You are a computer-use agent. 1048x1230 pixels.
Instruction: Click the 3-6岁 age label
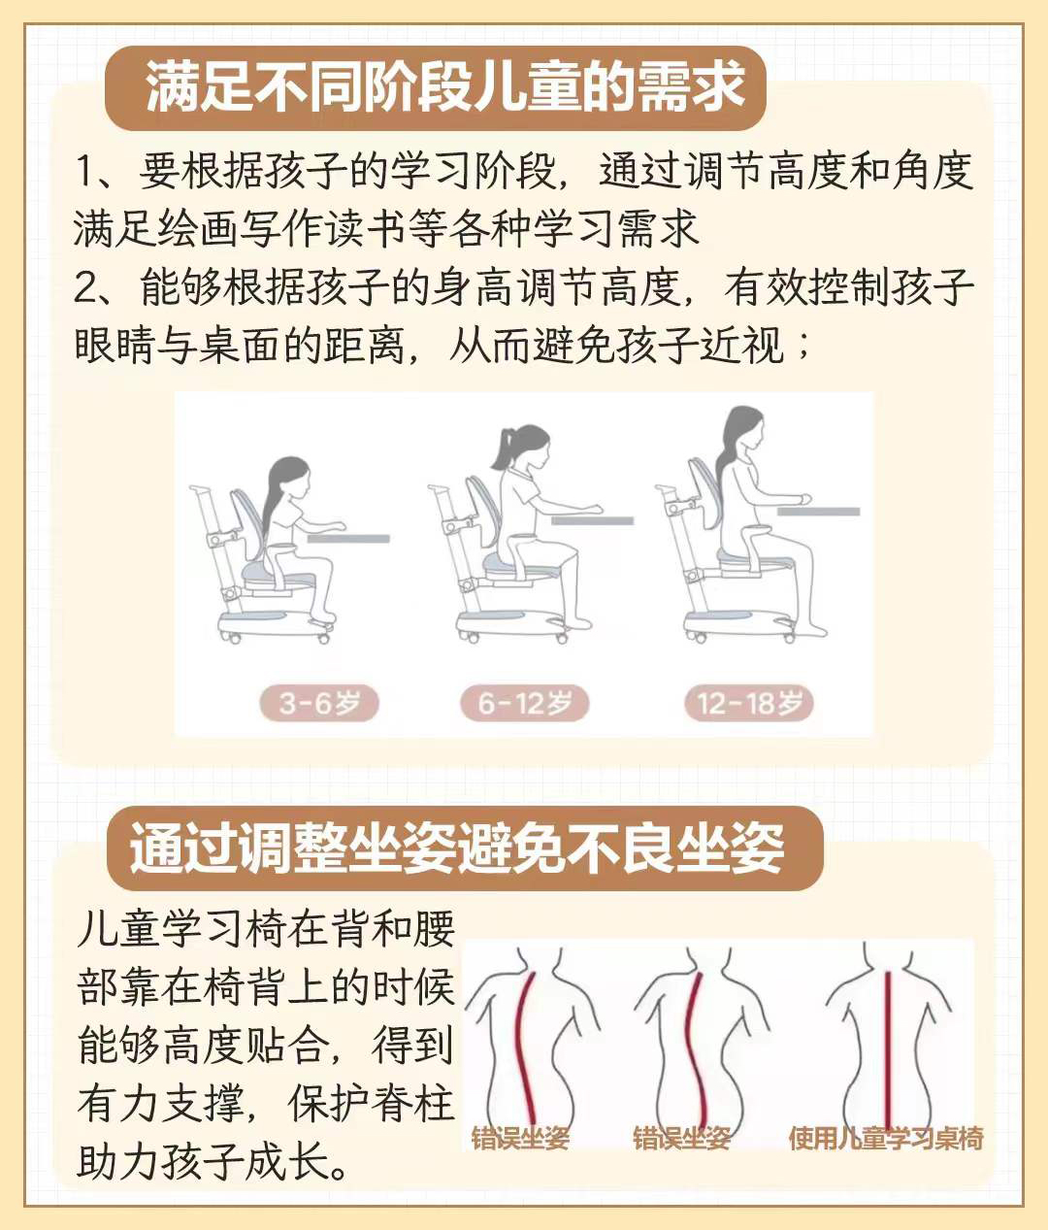(x=318, y=703)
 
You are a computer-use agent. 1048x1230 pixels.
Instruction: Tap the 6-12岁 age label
(x=524, y=703)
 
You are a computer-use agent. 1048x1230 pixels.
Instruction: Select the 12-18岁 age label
(x=748, y=703)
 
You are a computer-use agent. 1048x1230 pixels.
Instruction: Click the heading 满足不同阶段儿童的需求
(x=444, y=87)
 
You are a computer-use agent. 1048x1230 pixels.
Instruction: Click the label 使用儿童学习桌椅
(x=885, y=1138)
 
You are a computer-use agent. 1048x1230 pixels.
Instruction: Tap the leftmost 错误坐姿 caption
(x=519, y=1138)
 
